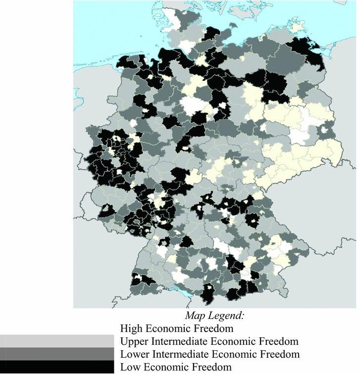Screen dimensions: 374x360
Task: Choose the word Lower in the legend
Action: (134, 354)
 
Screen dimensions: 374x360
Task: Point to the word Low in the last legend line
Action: (129, 367)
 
